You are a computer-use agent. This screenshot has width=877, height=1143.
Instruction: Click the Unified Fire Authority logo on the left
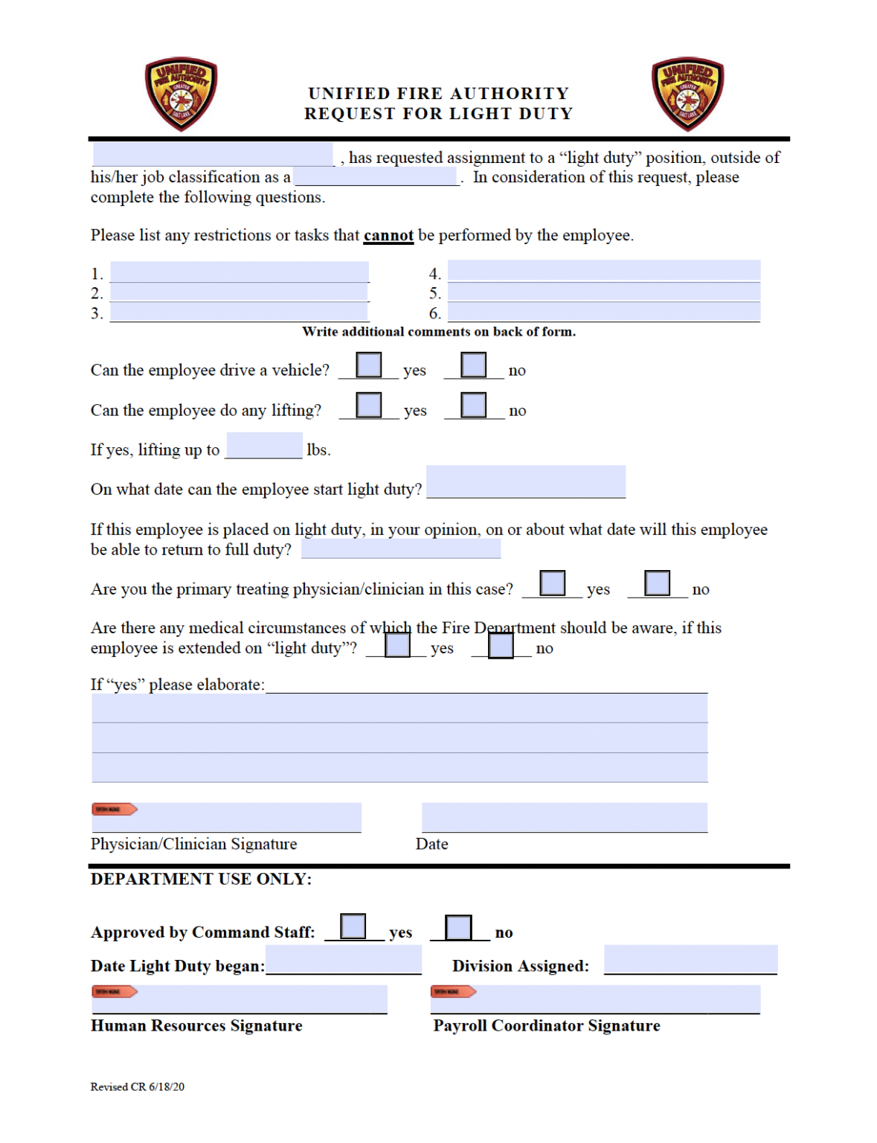click(181, 95)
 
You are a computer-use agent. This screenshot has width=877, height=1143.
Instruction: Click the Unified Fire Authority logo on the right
click(687, 95)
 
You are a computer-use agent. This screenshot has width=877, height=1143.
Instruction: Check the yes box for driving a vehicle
click(369, 365)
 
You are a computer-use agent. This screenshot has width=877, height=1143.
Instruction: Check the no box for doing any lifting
click(473, 406)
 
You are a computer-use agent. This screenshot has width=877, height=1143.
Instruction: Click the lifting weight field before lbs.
click(264, 446)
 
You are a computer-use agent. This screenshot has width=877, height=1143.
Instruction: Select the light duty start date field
click(526, 481)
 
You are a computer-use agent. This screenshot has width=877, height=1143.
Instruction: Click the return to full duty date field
click(401, 549)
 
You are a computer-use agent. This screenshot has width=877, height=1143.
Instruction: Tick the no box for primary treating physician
click(657, 583)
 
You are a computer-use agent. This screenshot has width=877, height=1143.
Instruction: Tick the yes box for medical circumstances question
click(397, 644)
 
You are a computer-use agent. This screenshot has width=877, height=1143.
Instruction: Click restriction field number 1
click(240, 272)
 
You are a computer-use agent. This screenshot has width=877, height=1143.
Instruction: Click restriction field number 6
click(603, 312)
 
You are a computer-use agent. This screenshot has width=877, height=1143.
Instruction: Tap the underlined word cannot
click(388, 236)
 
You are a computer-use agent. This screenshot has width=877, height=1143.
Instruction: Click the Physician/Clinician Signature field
click(227, 817)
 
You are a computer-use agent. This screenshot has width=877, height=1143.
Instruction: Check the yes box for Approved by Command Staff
click(353, 926)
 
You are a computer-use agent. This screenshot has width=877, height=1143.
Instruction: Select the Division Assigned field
click(690, 959)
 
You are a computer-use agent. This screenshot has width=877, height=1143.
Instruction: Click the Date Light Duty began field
click(344, 959)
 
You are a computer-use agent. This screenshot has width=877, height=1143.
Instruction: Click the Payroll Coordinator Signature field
click(595, 999)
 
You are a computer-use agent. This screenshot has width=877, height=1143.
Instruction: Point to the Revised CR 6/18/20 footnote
click(138, 1086)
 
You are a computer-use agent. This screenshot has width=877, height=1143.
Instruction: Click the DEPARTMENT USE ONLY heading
click(201, 879)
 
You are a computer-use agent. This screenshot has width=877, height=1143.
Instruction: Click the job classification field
click(376, 176)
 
